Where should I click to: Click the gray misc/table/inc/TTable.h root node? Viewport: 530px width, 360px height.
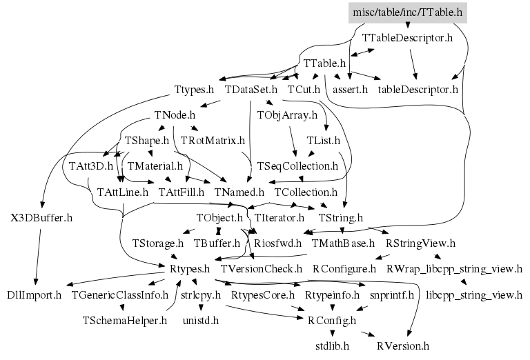click(x=406, y=12)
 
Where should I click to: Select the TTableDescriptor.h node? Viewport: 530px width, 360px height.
click(x=407, y=37)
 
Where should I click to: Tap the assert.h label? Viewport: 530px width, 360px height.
click(x=351, y=89)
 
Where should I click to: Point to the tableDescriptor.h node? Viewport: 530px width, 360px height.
click(x=418, y=89)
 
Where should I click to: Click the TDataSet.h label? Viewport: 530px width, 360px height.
click(x=251, y=89)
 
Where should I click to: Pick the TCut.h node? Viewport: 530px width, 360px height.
click(x=304, y=89)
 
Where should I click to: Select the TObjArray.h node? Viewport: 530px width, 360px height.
click(x=287, y=114)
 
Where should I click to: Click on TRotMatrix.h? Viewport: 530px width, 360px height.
click(x=213, y=140)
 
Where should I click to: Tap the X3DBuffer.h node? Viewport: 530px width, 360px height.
click(x=41, y=217)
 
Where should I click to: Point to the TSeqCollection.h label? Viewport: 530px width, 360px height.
click(x=297, y=166)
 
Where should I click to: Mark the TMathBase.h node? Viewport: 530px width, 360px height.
click(x=343, y=243)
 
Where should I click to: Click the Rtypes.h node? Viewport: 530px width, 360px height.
click(x=189, y=268)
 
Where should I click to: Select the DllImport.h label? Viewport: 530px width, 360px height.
click(x=35, y=294)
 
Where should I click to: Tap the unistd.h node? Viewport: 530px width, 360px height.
click(x=200, y=320)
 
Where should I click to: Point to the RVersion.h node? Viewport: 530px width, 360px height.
click(x=403, y=345)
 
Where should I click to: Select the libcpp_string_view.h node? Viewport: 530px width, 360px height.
click(x=474, y=294)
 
